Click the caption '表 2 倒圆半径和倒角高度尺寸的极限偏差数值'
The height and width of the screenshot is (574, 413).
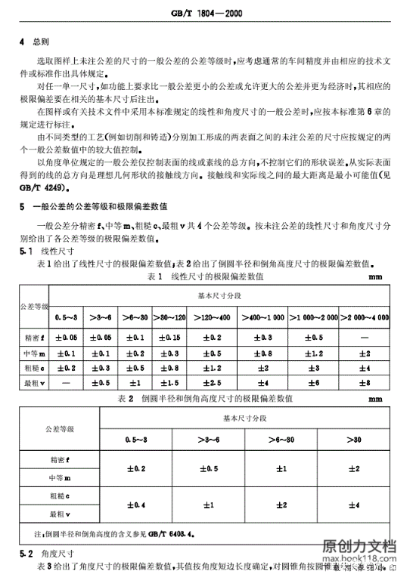tap(206, 397)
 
